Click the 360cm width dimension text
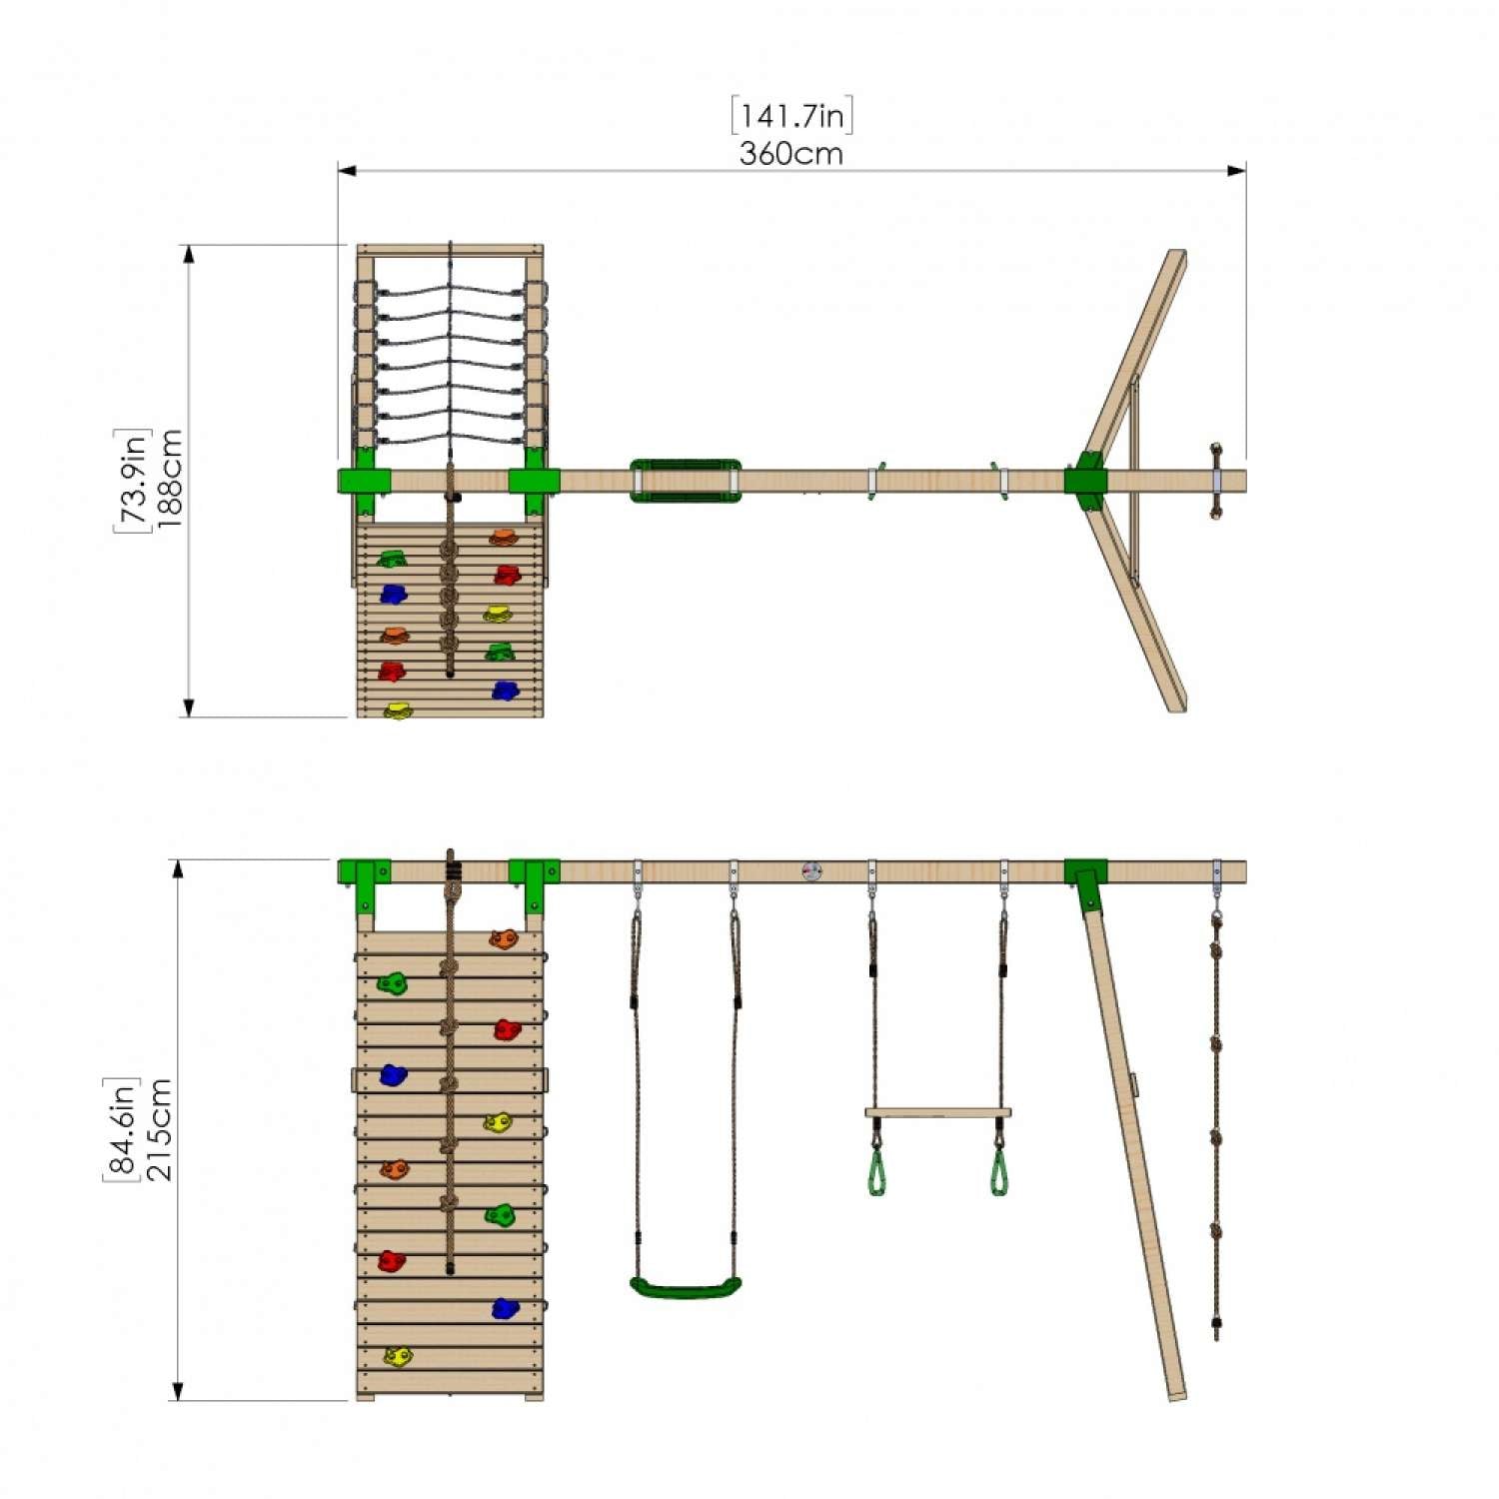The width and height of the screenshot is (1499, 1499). click(790, 154)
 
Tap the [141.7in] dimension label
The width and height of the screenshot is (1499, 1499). click(791, 115)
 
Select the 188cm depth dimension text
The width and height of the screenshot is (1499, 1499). click(169, 479)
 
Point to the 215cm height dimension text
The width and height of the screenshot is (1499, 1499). click(159, 1129)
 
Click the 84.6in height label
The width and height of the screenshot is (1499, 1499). click(121, 1129)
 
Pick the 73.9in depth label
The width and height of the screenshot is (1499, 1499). click(131, 480)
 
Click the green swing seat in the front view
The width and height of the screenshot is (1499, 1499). click(686, 1287)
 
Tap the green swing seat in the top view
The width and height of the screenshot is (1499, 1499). click(686, 481)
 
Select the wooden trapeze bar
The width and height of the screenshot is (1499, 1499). click(937, 1112)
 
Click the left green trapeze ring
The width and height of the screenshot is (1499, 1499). click(876, 1173)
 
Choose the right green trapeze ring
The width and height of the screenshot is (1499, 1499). click(999, 1173)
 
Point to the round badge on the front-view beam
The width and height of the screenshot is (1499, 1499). click(811, 871)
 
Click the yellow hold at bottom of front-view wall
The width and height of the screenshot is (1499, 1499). click(398, 1356)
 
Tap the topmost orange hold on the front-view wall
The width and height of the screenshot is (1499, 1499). click(504, 938)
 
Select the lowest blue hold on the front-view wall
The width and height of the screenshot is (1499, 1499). click(505, 1308)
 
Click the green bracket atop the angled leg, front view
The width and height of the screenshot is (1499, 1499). click(1085, 879)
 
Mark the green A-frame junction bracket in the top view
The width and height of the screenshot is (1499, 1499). click(1085, 481)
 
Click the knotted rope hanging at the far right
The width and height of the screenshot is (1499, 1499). click(1216, 1129)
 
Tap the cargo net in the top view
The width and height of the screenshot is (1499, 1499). click(450, 365)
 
